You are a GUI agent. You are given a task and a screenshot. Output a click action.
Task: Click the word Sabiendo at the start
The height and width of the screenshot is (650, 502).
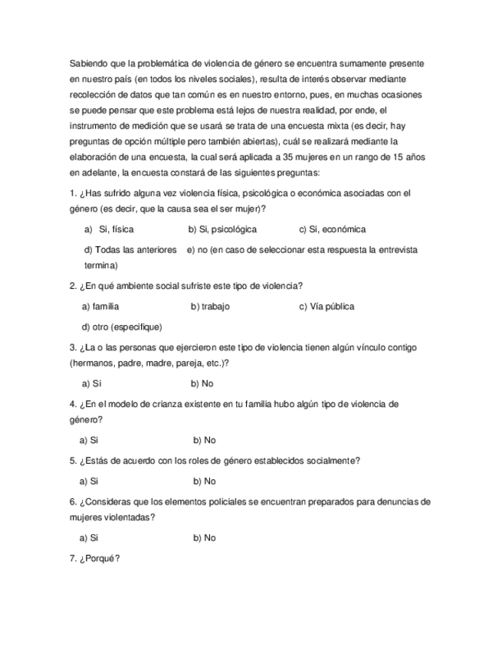[x=88, y=63]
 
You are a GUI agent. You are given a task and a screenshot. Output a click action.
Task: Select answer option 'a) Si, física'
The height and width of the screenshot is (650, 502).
[x=109, y=229]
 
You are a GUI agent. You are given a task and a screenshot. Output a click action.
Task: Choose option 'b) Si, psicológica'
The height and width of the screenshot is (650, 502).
[x=222, y=229]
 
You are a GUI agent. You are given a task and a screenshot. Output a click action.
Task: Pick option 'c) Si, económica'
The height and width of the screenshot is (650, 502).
[x=332, y=229]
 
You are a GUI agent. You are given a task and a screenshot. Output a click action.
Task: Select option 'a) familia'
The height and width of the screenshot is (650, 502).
[x=100, y=307]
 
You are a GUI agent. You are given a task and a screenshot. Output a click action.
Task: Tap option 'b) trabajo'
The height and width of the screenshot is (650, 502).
[x=210, y=307]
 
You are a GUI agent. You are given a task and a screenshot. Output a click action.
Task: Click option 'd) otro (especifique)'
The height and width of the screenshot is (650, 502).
[x=122, y=327]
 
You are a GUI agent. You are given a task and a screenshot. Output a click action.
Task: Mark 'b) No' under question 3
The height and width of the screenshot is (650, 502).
[x=202, y=383]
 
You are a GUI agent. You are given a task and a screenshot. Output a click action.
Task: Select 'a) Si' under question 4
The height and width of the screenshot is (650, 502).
[x=89, y=440]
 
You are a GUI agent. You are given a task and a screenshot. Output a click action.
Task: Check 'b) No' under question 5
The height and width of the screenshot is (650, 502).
[x=205, y=481]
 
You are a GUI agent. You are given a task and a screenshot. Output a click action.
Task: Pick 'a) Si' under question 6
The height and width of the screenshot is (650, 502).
[x=89, y=538]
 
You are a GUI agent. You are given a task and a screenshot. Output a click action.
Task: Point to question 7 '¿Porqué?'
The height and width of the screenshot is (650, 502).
[x=94, y=559]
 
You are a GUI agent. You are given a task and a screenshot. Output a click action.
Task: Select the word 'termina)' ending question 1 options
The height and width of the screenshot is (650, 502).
[x=100, y=265]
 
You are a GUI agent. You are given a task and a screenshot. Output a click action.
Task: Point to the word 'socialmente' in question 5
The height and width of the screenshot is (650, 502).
[x=333, y=461]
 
